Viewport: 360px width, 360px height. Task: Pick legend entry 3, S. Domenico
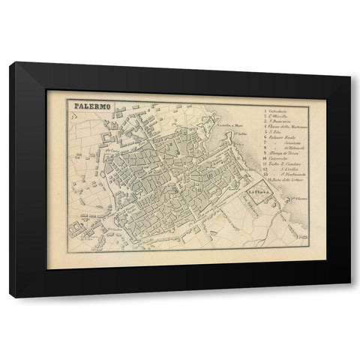point(280,125)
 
